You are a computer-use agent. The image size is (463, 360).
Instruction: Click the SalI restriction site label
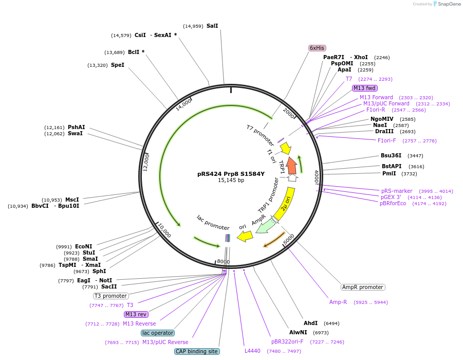pos(212,26)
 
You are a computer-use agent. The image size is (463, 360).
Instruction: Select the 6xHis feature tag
pos(317,48)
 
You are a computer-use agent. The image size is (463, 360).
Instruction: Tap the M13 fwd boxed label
pos(364,88)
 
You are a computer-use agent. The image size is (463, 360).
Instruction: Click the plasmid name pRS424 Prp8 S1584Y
pos(231,174)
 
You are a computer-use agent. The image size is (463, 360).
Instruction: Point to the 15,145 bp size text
pos(231,181)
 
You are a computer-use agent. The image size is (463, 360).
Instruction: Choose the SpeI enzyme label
pos(118,65)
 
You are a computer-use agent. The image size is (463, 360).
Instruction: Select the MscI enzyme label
pos(72,200)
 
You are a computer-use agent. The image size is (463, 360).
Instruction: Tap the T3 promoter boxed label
pos(110,296)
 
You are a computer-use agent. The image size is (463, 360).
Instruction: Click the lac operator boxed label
pos(158,333)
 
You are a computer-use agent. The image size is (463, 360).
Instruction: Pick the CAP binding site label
pos(197,351)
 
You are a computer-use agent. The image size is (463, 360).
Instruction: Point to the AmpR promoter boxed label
pos(363,287)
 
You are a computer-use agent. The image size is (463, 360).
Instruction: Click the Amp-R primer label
pos(338,302)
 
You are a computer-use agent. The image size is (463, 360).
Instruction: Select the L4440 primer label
pos(252,351)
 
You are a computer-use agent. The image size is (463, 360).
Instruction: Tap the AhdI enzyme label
pos(310,323)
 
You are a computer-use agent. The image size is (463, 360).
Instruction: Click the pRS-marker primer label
pos(397,191)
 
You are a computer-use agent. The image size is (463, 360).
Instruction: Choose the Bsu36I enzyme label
pos(391,155)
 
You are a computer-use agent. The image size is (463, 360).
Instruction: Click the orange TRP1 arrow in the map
pos(291,166)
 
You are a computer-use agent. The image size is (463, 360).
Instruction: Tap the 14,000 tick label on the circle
pos(183,104)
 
